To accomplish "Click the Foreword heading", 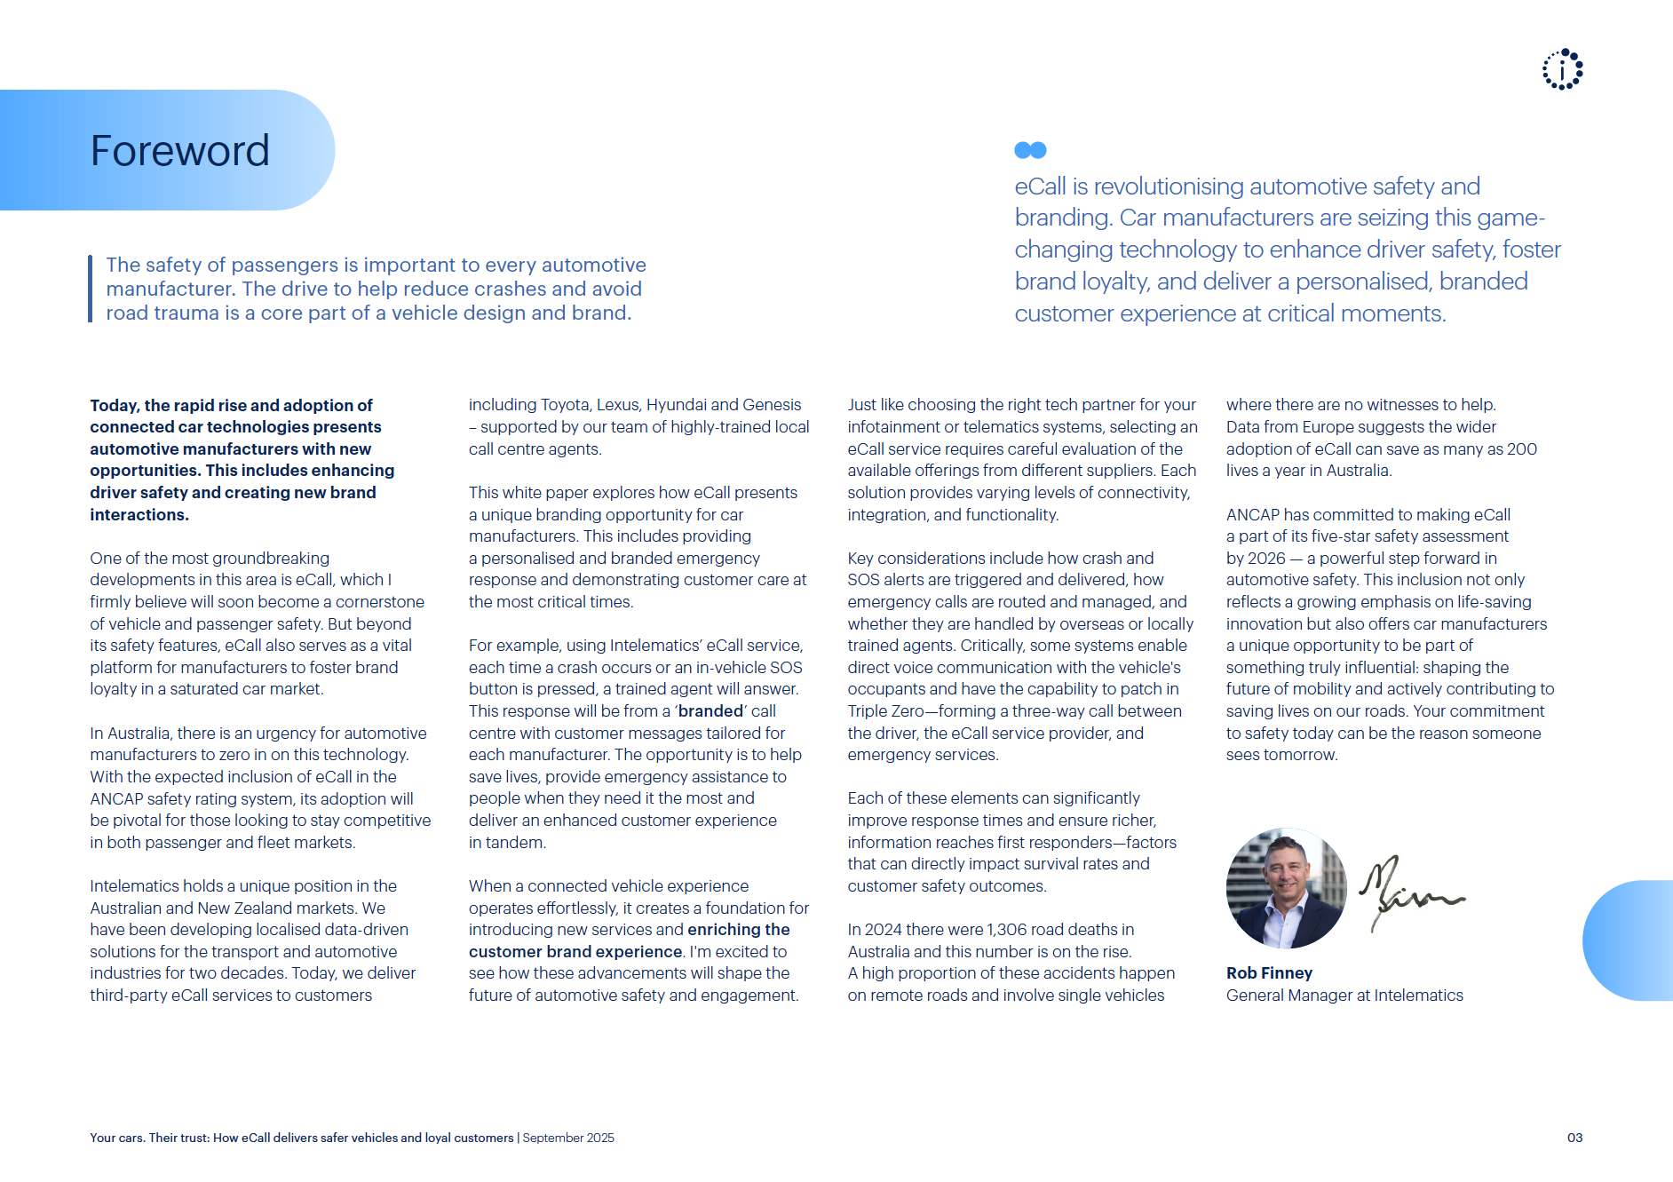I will (179, 151).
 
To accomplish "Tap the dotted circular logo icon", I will (1562, 69).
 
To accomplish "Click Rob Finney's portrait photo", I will (1286, 888).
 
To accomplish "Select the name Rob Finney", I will (1269, 973).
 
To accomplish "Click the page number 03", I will (1574, 1138).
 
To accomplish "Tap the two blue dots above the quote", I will (1030, 150).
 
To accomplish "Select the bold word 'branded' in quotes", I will (710, 711).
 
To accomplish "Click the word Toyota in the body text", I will (565, 405).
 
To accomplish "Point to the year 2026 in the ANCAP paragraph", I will (1266, 559).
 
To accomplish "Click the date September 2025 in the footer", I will (568, 1138).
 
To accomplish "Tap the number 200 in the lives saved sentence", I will (1521, 449).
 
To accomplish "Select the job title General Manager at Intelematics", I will (1344, 996).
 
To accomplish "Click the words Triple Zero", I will (885, 711).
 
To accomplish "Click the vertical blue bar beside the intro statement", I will (91, 289).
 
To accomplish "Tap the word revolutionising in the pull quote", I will (1170, 186).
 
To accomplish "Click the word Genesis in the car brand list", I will (771, 405).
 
